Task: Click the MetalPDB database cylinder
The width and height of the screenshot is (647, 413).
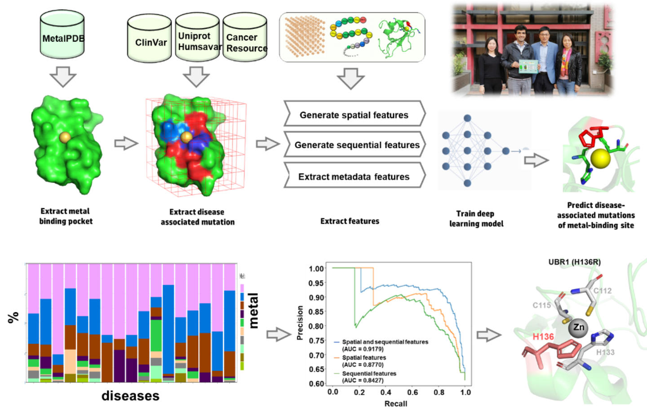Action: pyautogui.click(x=62, y=36)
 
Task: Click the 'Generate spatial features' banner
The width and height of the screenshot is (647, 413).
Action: pyautogui.click(x=354, y=115)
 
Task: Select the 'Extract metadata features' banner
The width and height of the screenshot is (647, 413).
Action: pyautogui.click(x=354, y=177)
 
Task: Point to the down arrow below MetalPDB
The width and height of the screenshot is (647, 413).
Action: pyautogui.click(x=62, y=77)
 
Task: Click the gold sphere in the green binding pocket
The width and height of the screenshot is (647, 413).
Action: pyautogui.click(x=65, y=137)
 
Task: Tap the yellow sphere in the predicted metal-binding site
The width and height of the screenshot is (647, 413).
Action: pyautogui.click(x=601, y=158)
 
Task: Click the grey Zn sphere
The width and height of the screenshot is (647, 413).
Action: pyautogui.click(x=579, y=327)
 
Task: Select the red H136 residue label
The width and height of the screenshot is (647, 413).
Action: pyautogui.click(x=543, y=337)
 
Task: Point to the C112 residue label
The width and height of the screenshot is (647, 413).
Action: pyautogui.click(x=603, y=291)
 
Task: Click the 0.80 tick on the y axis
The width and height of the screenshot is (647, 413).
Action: pyautogui.click(x=316, y=326)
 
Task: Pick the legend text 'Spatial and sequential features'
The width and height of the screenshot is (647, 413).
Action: pyautogui.click(x=385, y=342)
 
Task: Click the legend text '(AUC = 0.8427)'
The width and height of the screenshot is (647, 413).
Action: pyautogui.click(x=363, y=380)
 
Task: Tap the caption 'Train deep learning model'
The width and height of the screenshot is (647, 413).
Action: pyautogui.click(x=476, y=219)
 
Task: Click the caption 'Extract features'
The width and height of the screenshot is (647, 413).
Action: pyautogui.click(x=350, y=221)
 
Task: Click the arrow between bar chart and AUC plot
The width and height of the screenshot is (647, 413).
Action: pyautogui.click(x=279, y=334)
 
